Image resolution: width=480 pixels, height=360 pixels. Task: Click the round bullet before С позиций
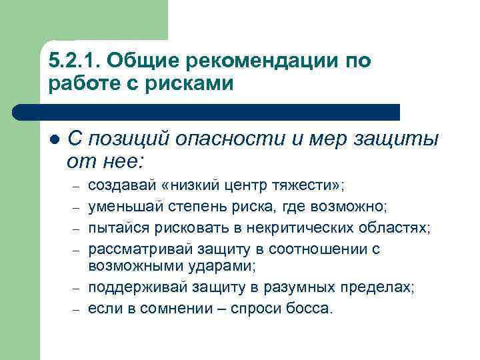click(x=54, y=139)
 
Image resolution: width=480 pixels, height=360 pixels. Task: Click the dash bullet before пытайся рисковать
click(x=77, y=229)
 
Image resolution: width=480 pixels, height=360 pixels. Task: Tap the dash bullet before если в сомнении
click(x=77, y=309)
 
